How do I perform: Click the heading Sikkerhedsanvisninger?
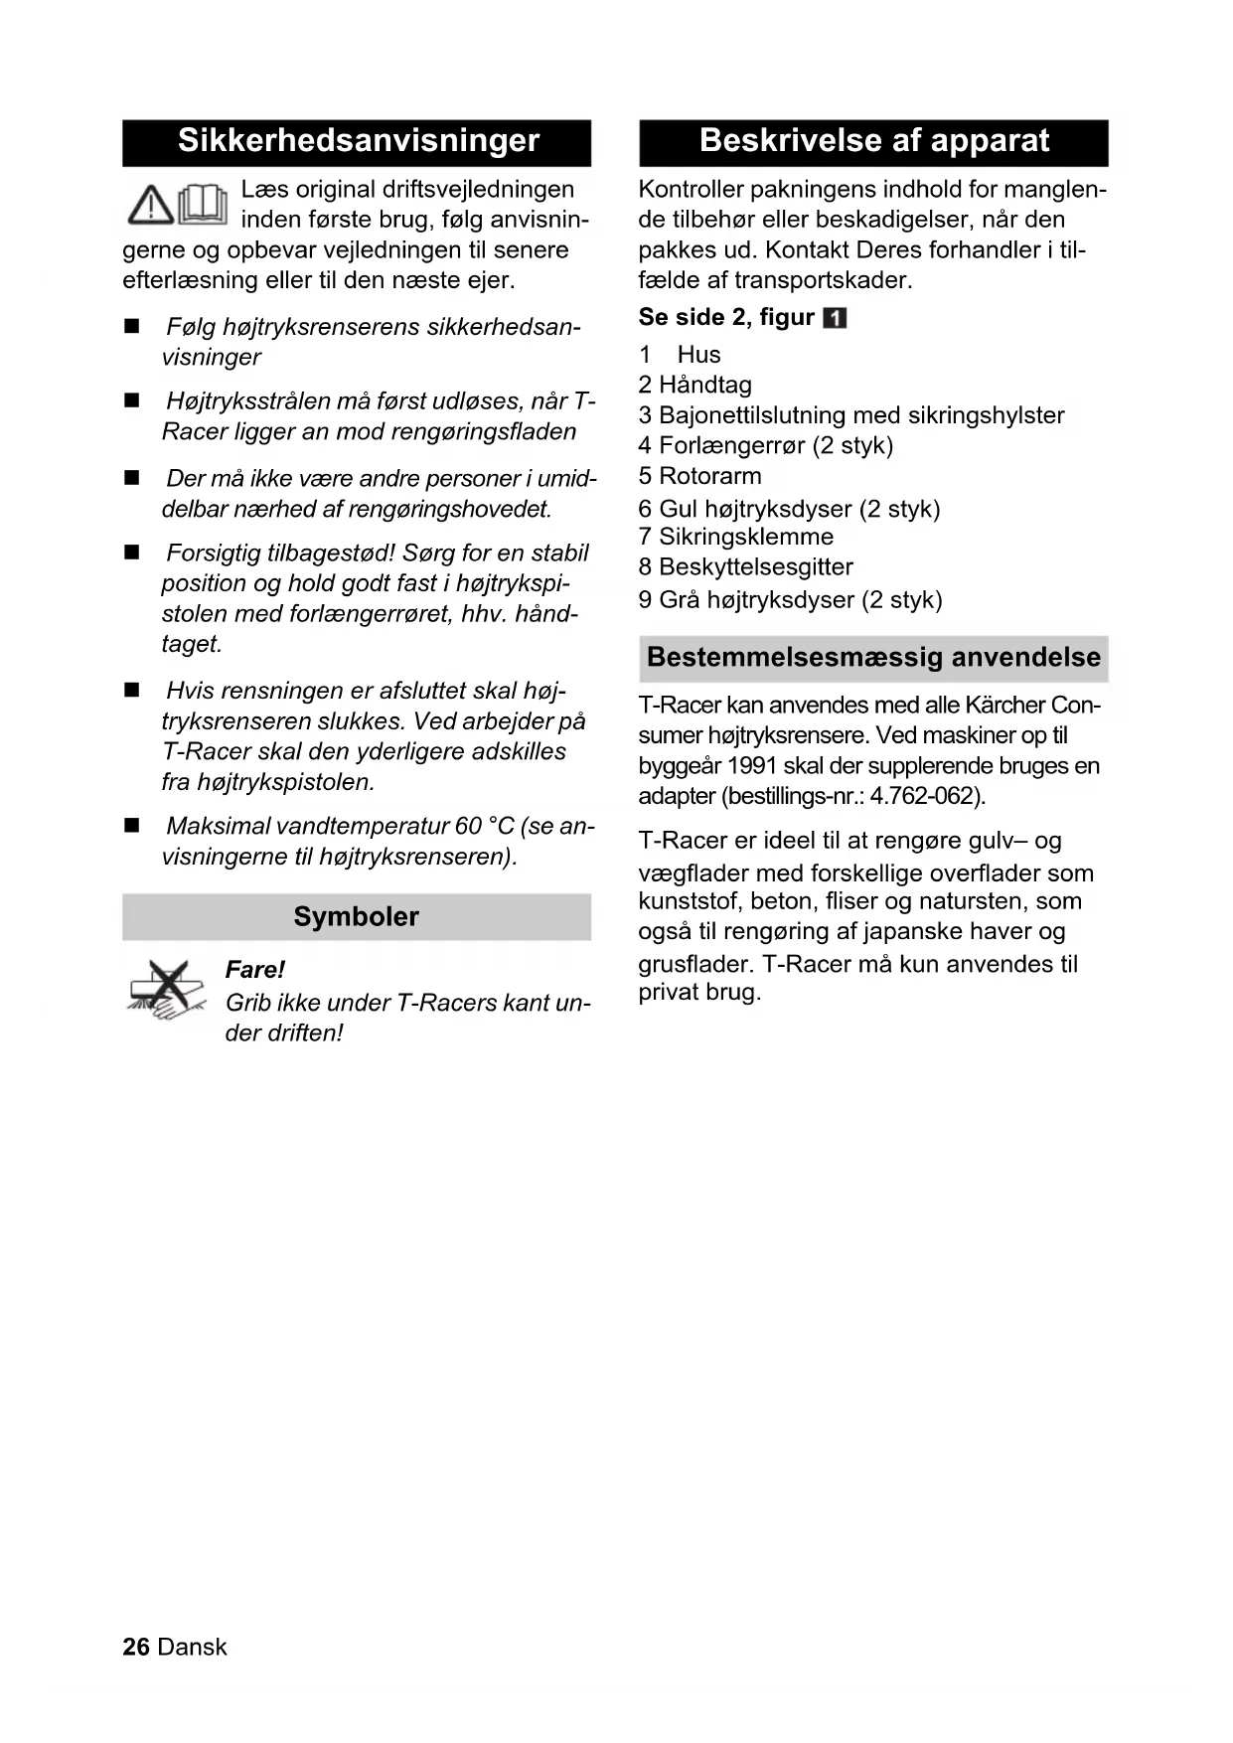click(x=358, y=141)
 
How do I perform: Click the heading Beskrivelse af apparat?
click(x=873, y=141)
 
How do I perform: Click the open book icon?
click(x=203, y=204)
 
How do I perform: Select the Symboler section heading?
click(x=356, y=916)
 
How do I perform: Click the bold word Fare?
click(x=254, y=970)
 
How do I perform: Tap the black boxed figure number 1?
click(x=836, y=318)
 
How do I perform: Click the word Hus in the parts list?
click(x=698, y=355)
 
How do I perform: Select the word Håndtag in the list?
click(x=705, y=385)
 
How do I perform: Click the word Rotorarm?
click(x=710, y=476)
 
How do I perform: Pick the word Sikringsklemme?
click(x=746, y=537)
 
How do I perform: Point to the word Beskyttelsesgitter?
click(x=756, y=567)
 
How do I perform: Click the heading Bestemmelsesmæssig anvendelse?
click(x=873, y=658)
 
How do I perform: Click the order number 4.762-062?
click(x=925, y=796)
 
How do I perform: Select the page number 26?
click(x=136, y=1647)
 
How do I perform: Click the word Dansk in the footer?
click(x=193, y=1647)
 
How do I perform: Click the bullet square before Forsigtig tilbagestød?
click(x=132, y=553)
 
